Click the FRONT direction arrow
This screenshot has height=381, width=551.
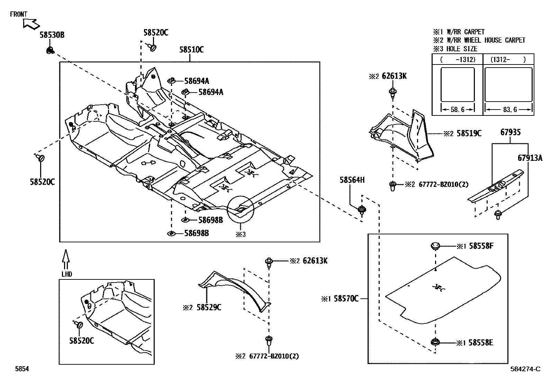(x=30, y=24)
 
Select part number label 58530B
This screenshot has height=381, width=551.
(x=52, y=35)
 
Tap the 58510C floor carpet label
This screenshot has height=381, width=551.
(x=191, y=50)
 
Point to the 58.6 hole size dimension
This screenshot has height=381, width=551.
(x=458, y=110)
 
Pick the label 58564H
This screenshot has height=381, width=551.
(x=352, y=180)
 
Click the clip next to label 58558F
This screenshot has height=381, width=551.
(x=435, y=246)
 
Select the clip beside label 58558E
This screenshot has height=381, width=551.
(x=435, y=343)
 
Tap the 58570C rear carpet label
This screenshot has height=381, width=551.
(x=346, y=298)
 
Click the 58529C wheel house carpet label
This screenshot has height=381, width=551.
(x=209, y=307)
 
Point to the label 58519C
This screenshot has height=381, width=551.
(x=469, y=133)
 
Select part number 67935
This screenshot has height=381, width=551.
(x=510, y=132)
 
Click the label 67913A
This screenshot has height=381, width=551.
(x=530, y=158)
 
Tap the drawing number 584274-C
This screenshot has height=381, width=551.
(x=525, y=369)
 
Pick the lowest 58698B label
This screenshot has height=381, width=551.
(x=196, y=233)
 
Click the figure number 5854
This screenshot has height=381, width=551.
(x=21, y=369)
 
